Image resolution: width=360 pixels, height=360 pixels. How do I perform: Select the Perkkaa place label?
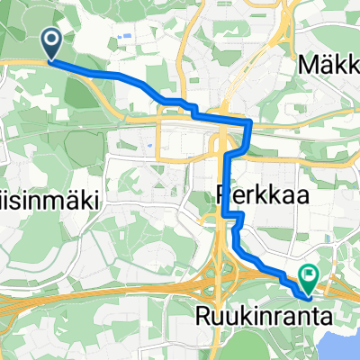255,192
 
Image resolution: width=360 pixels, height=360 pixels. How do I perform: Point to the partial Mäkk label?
328,66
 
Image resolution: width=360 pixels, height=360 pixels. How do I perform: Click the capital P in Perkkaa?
222,192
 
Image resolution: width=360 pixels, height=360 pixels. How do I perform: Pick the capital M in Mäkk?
309,66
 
